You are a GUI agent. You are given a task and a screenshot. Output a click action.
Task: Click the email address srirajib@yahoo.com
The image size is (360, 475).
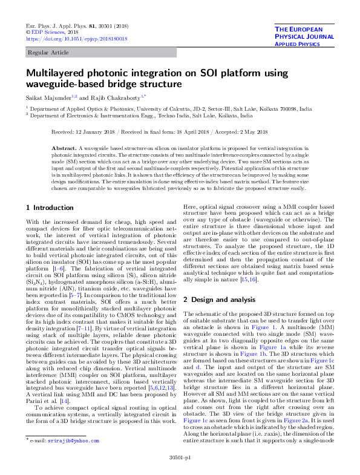click(73, 457)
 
